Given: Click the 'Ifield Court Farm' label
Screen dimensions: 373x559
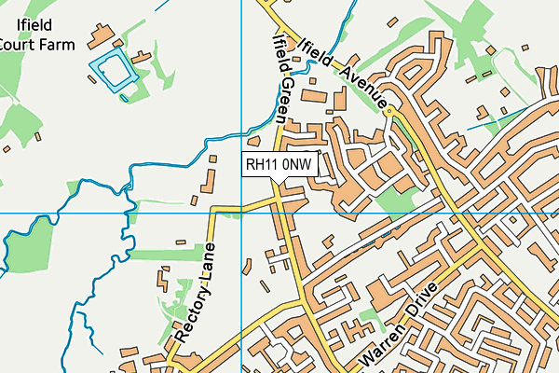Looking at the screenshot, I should [35, 35].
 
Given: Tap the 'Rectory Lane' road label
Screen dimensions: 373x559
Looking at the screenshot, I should [197, 292].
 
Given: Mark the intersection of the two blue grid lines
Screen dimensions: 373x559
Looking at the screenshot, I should [241, 213].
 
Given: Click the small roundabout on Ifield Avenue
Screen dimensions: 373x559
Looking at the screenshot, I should [389, 112].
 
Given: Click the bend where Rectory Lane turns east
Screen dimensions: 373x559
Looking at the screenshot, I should [214, 211].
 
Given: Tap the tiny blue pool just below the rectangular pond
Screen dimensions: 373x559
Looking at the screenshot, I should [125, 93].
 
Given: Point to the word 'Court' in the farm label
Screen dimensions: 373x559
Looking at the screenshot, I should [20, 43].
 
